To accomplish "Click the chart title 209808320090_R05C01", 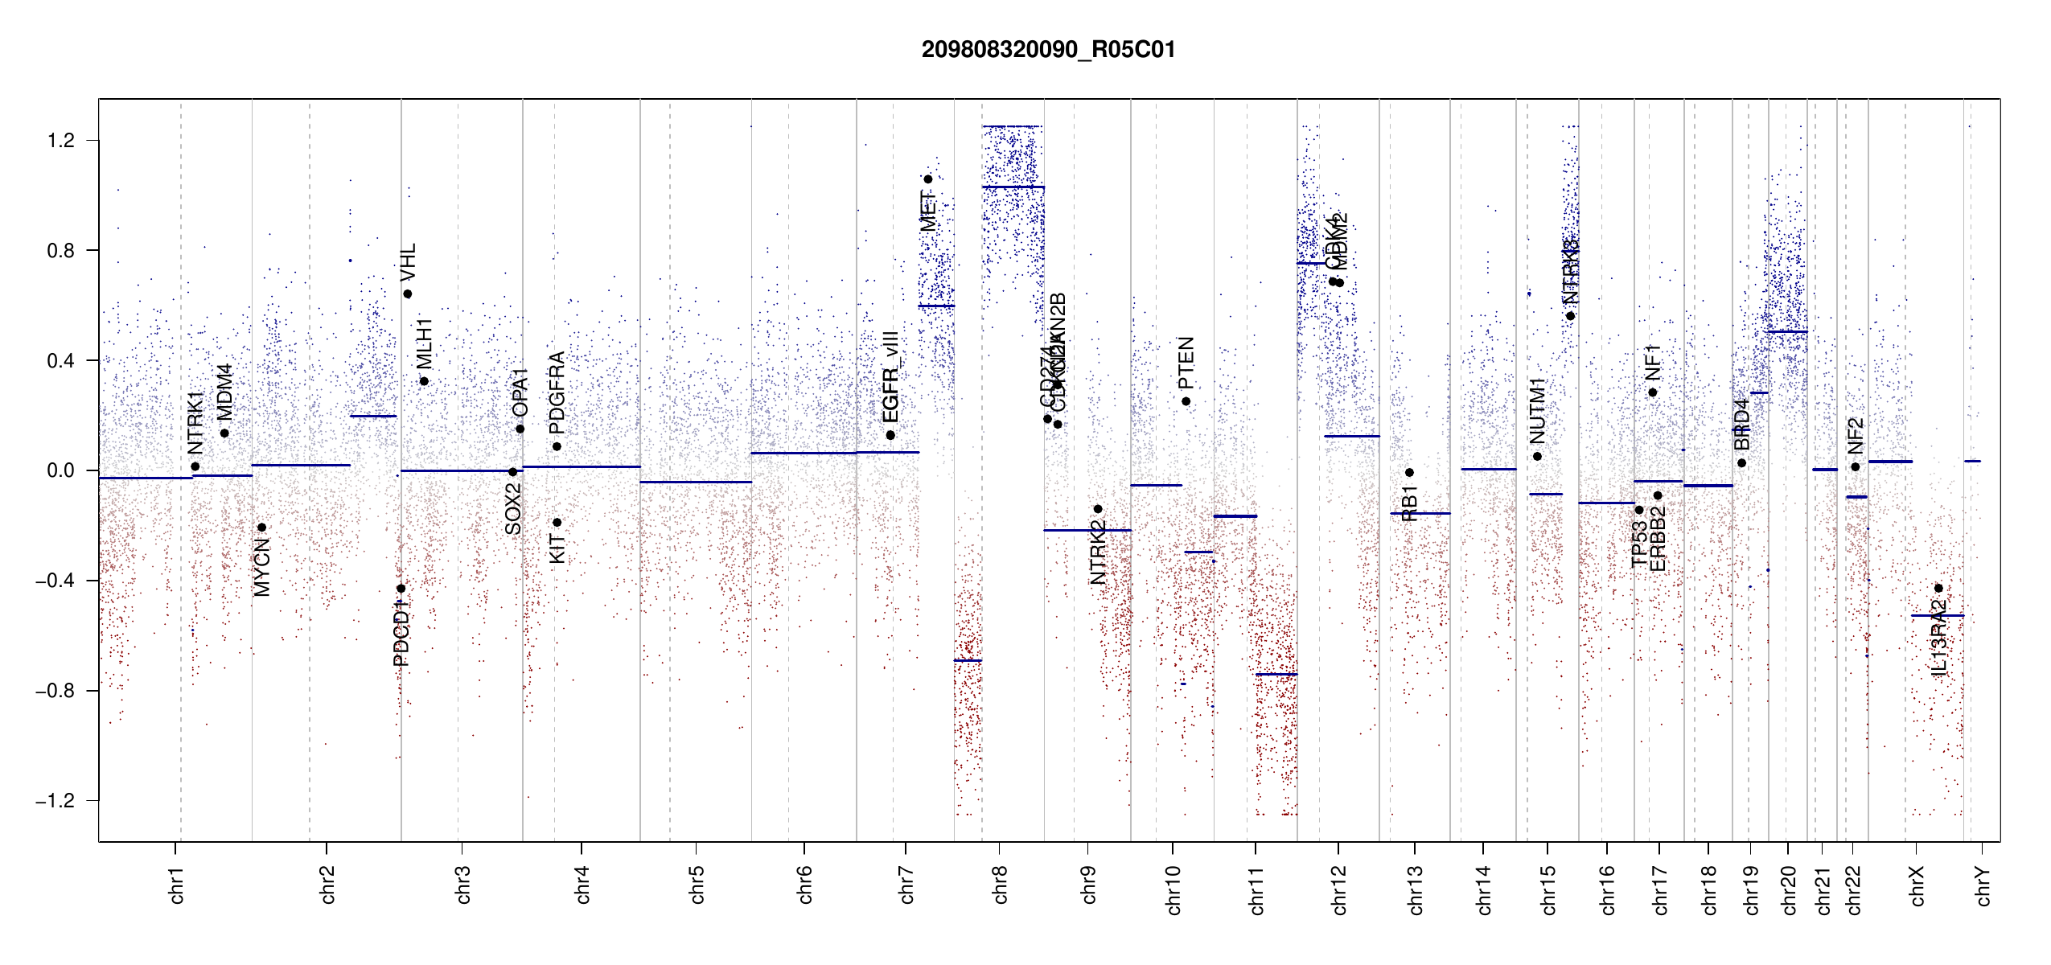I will pos(1048,50).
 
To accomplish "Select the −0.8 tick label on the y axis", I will pos(55,691).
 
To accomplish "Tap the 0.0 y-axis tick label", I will pos(61,470).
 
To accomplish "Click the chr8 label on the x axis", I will pos(1000,885).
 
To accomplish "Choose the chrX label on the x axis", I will pos(1917,886).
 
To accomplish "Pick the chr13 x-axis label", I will pos(1415,889).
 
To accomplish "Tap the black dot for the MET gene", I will pos(927,179).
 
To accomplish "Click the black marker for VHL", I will pos(408,294).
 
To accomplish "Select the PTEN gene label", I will pos(1186,363).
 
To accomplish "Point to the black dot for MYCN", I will pos(261,528).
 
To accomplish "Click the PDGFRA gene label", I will pos(557,387).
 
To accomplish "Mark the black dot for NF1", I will pos(1652,392).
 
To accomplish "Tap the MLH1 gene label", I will pos(425,343).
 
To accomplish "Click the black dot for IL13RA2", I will pos(1938,588).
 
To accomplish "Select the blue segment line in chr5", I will pos(696,482).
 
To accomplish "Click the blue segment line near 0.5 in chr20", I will pos(1787,331).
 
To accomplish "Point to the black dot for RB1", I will pos(1409,473).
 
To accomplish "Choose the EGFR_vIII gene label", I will pos(890,376).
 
